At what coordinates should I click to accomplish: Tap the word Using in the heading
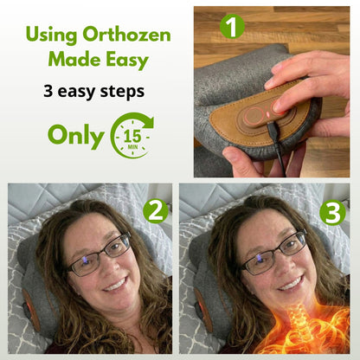[55, 35]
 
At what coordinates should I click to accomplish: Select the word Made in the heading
[74, 61]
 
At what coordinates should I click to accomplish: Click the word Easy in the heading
[126, 61]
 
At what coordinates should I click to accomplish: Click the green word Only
[75, 136]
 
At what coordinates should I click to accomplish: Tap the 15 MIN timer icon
[131, 135]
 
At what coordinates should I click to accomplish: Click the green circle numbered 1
[232, 26]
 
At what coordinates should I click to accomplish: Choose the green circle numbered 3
[331, 212]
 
